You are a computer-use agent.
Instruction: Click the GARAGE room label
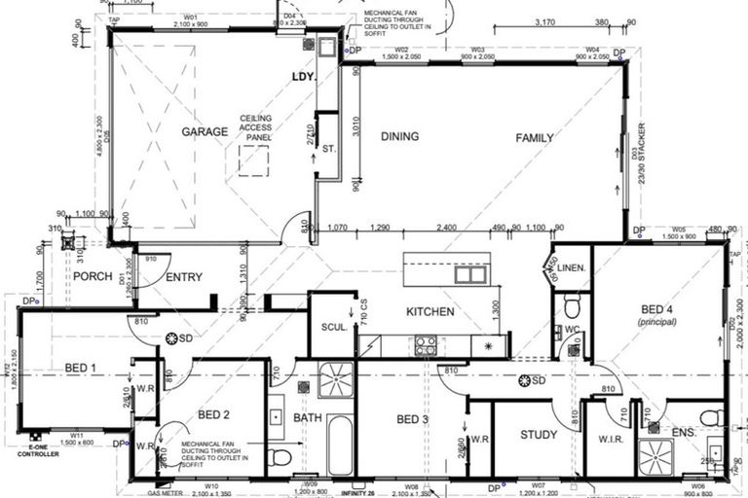(205, 131)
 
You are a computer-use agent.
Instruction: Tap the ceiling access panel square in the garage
(253, 161)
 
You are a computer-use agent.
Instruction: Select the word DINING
(399, 137)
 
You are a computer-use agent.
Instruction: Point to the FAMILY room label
(535, 138)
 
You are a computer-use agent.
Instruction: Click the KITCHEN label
(430, 312)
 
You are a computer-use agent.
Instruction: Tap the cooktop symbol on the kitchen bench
(427, 344)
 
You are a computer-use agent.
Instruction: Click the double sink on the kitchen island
(469, 274)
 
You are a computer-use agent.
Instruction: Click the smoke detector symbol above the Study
(531, 380)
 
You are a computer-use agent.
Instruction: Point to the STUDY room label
(540, 435)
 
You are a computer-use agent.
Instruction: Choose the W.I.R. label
(612, 439)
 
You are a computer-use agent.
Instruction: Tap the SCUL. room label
(334, 327)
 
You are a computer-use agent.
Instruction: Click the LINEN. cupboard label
(572, 267)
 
